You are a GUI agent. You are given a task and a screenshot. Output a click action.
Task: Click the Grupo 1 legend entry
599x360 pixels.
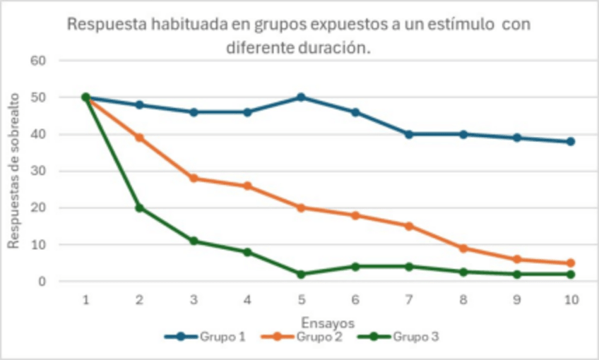206,337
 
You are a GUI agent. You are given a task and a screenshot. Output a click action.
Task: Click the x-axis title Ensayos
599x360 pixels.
328,322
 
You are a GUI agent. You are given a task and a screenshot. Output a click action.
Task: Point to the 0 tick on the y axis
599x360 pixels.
42,282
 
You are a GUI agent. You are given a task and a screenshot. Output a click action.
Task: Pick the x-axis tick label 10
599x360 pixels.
571,300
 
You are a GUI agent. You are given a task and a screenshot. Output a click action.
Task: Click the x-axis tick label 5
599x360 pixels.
301,300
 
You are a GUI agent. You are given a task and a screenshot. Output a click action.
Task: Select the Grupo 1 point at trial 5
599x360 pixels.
301,97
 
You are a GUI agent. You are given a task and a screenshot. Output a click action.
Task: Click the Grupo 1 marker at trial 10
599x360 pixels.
571,141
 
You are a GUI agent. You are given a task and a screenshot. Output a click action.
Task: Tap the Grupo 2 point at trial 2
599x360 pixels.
140,138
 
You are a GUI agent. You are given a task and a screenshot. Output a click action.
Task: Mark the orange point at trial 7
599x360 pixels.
409,226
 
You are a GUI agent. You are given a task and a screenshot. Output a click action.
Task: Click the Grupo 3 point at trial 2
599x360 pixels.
140,208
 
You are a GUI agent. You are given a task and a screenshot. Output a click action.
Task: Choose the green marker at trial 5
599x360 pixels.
301,274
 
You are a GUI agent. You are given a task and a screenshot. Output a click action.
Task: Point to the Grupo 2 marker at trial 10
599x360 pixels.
571,263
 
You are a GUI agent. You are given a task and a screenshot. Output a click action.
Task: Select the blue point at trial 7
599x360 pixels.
409,134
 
